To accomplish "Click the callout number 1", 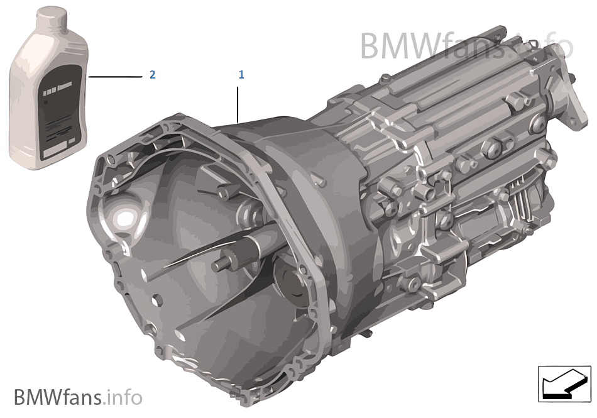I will point(241,75).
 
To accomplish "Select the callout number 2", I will point(152,75).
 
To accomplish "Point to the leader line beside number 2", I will point(116,76).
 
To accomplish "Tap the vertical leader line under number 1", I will point(238,104).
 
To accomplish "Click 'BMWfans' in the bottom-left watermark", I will point(58,397).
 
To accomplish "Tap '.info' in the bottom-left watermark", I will point(124,397).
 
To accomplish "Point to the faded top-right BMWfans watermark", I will point(465,45).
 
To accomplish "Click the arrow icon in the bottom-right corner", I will point(564,383).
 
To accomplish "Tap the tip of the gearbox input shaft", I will point(217,266).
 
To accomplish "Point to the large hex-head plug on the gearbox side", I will point(490,148).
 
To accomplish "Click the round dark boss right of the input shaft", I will point(287,277).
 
